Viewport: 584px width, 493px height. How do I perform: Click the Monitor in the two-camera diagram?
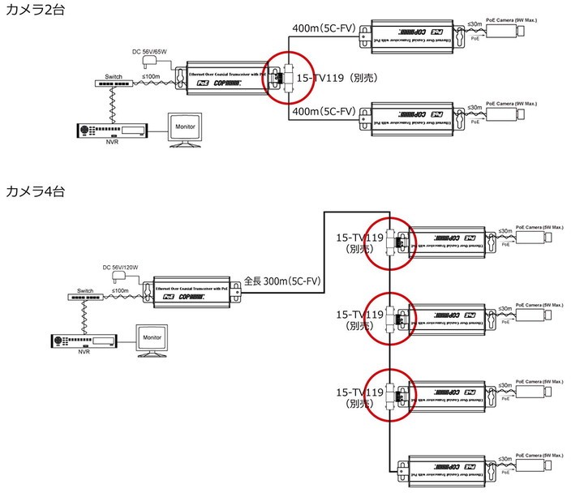click(186, 129)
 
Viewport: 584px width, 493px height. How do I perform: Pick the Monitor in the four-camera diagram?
click(152, 337)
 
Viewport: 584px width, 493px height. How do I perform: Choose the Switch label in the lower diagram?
click(86, 289)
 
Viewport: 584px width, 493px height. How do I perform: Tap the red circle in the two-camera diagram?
click(290, 78)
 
